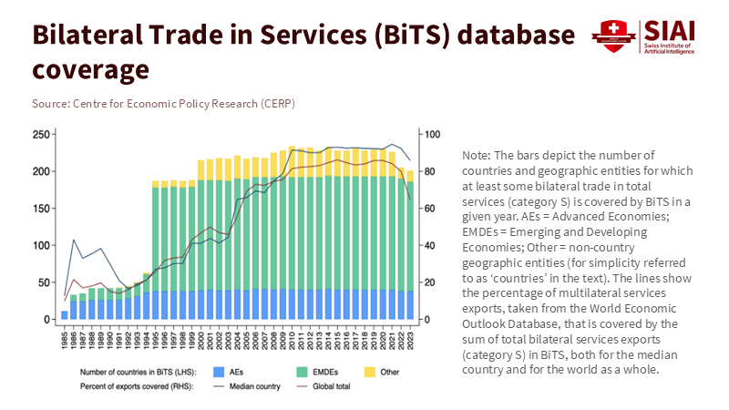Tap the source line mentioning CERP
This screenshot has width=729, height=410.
click(163, 103)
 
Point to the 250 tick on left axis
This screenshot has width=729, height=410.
click(40, 134)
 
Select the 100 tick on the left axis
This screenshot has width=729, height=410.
click(40, 245)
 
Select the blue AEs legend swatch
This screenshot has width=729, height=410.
click(217, 371)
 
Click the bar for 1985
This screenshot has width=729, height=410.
click(65, 315)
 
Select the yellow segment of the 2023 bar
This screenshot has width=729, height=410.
click(410, 175)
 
